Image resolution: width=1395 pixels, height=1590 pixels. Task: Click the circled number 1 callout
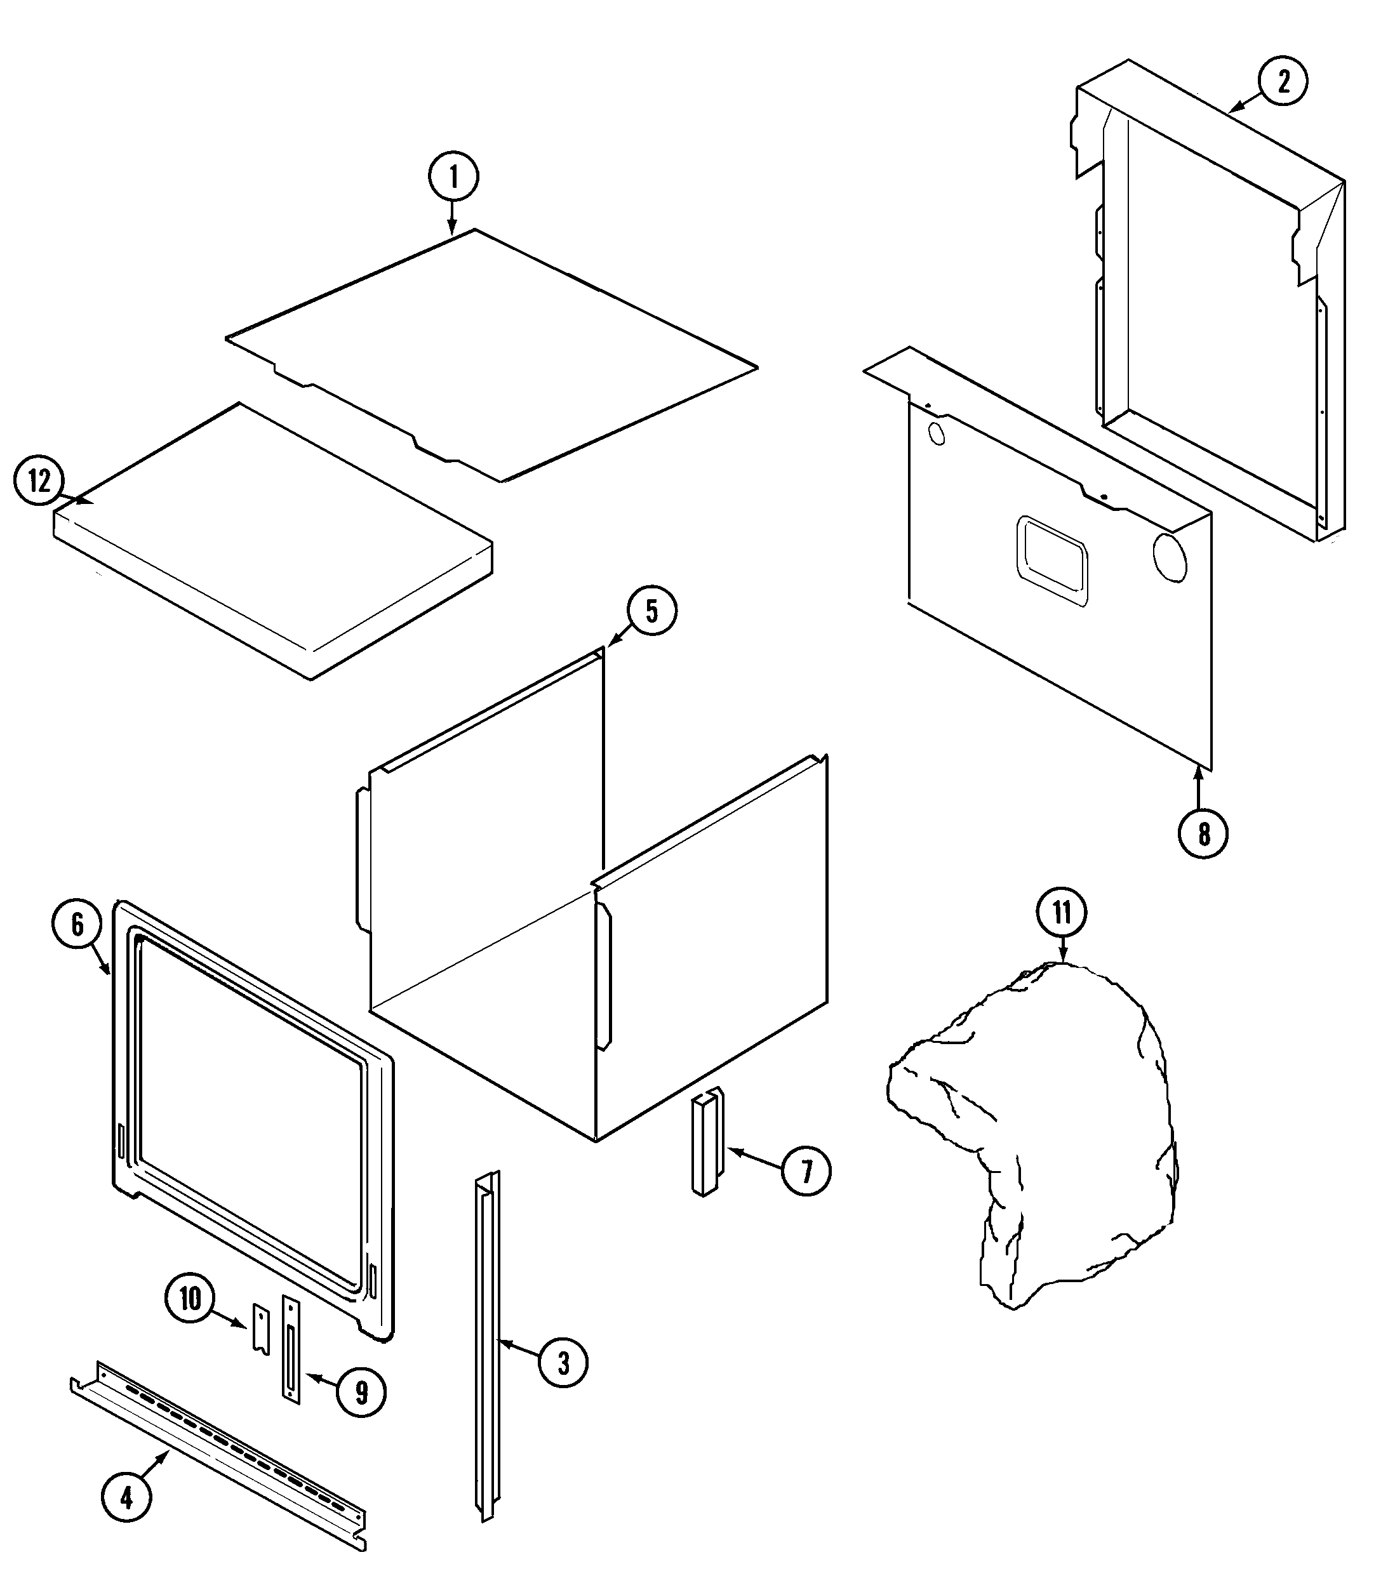(453, 177)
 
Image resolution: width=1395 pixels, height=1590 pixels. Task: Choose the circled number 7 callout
(806, 1193)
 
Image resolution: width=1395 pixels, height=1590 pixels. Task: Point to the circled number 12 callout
(39, 482)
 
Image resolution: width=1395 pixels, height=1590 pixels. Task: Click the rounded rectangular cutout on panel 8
(1051, 561)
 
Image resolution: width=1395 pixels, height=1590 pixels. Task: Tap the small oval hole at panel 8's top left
(937, 434)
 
